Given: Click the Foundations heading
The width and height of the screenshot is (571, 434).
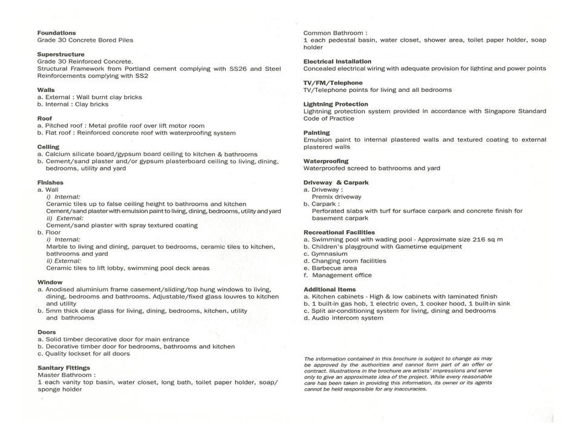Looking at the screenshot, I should tap(56, 33).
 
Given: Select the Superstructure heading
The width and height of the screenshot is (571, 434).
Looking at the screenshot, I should tap(61, 54).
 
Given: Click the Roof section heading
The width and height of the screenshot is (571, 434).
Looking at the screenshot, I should tap(45, 119).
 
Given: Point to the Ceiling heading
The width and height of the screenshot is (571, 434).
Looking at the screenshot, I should tap(48, 147).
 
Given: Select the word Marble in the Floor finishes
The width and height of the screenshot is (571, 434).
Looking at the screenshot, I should tap(58, 247).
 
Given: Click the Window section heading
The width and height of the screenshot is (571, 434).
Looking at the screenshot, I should tap(50, 282).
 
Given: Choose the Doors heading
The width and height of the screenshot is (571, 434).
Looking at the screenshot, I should tap(47, 332).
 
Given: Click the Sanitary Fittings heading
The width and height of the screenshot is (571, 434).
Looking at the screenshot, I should tap(64, 368).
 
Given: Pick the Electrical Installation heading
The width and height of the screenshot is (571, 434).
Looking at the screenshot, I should tap(337, 61).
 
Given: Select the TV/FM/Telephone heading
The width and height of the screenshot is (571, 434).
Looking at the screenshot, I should tap(333, 83).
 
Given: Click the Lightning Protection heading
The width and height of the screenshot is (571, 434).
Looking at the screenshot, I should tap(335, 104).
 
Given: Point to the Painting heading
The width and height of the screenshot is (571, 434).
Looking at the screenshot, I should tap(317, 133).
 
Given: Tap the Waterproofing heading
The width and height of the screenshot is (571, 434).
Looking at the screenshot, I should tap(326, 161).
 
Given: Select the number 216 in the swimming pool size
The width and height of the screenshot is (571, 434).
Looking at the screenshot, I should tap(470, 240).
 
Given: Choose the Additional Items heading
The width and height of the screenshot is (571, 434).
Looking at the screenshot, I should tap(329, 289).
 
